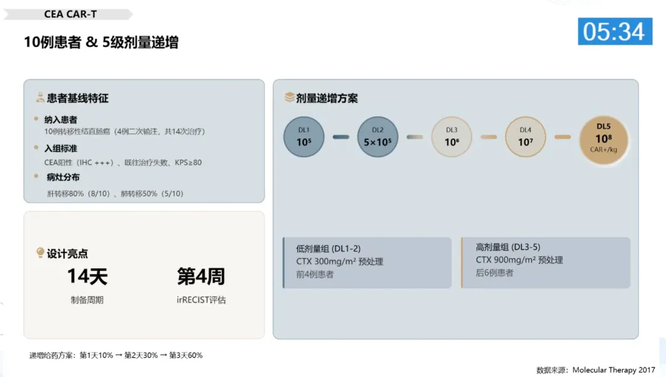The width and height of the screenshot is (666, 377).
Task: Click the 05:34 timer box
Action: [x=614, y=31]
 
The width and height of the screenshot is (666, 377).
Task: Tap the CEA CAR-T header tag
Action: [x=70, y=14]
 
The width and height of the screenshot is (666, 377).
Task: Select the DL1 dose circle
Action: [x=303, y=136]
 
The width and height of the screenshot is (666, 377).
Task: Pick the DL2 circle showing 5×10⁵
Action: [x=377, y=136]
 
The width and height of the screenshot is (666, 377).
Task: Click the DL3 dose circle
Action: [x=451, y=136]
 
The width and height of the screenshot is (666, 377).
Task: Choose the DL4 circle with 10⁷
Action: [x=525, y=136]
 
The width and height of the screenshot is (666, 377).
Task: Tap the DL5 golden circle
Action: [x=604, y=140]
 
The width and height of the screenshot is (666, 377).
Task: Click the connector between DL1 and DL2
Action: [x=341, y=136]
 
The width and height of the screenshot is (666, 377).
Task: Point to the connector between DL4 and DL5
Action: [x=562, y=136]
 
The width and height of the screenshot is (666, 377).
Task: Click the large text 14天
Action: [x=87, y=276]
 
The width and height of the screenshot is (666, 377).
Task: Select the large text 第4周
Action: [x=201, y=276]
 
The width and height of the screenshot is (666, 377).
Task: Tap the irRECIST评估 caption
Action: [x=201, y=300]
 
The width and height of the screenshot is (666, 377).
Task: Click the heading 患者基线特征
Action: [x=78, y=98]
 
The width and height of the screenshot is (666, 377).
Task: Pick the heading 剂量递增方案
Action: [x=327, y=98]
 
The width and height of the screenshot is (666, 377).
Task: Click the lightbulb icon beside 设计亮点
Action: [x=40, y=253]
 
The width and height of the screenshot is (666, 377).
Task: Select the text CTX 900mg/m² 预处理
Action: [x=519, y=260]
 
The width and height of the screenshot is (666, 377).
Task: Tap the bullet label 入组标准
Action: [x=61, y=149]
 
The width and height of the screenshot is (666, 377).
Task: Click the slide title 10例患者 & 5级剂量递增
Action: [x=102, y=42]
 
